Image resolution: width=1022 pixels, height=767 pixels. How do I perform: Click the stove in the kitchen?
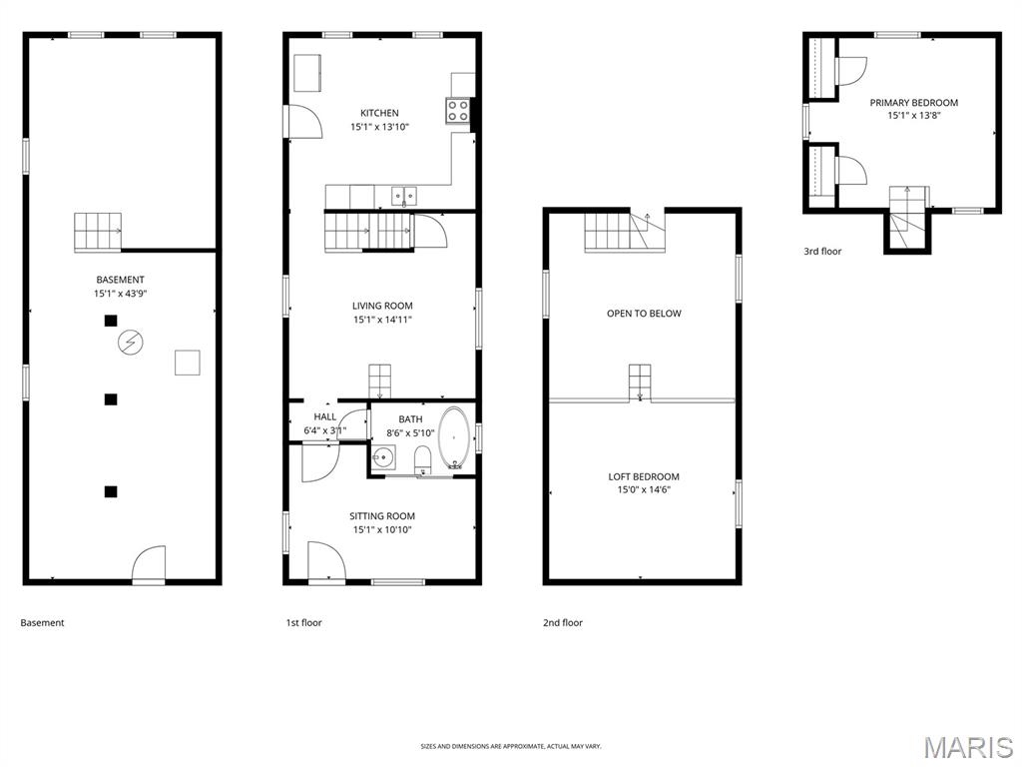pos(458,111)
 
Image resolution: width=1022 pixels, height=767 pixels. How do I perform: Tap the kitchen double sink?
pos(404,195)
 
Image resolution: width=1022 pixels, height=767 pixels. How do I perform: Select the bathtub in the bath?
pos(456,438)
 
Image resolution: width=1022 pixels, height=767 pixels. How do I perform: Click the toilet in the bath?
pos(422,459)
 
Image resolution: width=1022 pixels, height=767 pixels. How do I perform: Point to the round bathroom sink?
pos(384,458)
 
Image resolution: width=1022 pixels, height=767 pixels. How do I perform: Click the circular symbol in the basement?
pos(129,344)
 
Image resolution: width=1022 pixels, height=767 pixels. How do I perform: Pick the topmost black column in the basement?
pos(111,321)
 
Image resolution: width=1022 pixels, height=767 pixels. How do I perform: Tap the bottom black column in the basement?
pos(111,491)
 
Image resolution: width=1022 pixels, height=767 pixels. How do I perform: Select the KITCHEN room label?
pos(379,113)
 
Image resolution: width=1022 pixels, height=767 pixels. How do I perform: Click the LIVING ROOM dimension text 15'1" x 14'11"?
pos(382,320)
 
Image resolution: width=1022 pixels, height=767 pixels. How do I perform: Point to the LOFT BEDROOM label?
pos(644,476)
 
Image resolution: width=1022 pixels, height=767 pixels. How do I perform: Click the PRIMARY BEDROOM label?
pos(913,102)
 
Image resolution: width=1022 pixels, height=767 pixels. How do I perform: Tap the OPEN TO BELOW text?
pos(644,313)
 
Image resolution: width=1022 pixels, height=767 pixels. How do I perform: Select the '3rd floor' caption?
pos(822,251)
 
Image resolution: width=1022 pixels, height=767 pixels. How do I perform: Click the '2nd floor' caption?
pos(563,622)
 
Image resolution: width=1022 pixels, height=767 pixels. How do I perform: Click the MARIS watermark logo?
pos(967,746)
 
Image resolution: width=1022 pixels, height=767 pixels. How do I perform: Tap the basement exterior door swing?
pos(149,563)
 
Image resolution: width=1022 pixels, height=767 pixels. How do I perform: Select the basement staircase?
pos(97,232)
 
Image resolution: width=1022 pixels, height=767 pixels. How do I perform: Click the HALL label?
pos(325,416)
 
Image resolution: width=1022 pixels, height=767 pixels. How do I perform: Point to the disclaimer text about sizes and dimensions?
pos(511,746)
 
